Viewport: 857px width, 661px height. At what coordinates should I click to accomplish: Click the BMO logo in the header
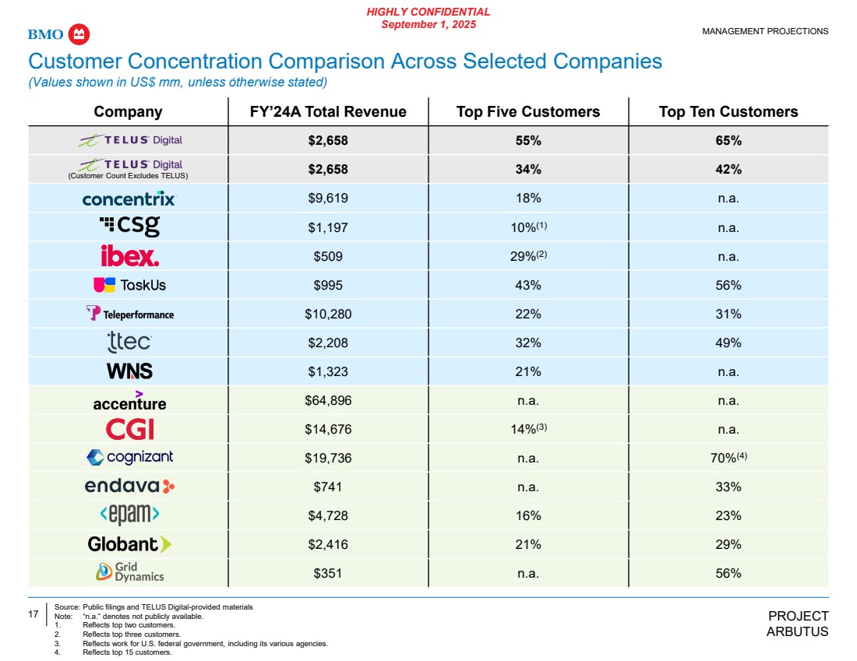click(x=59, y=34)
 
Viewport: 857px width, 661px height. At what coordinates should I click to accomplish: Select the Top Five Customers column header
click(x=527, y=112)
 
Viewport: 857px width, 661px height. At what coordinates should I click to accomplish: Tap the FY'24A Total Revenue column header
click(x=328, y=112)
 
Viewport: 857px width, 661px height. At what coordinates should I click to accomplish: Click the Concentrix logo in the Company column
click(x=129, y=199)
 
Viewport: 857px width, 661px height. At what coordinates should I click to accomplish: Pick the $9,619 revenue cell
click(x=328, y=199)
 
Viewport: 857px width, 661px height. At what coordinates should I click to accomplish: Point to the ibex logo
click(x=129, y=256)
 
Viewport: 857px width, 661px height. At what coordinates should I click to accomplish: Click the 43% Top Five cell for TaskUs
click(x=527, y=285)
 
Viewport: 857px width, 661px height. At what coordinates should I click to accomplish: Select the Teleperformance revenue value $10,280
click(x=328, y=314)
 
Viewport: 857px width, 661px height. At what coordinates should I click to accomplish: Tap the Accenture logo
click(x=129, y=400)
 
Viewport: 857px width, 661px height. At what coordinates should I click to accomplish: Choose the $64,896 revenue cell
click(x=328, y=401)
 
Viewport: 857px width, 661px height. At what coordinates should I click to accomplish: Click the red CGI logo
click(x=129, y=429)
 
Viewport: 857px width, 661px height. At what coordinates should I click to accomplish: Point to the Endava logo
click(x=129, y=487)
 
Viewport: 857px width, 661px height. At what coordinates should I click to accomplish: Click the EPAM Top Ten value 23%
click(x=728, y=515)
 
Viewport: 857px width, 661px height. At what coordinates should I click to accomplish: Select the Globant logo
click(x=129, y=544)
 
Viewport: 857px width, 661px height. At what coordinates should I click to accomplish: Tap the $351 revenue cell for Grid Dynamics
click(x=328, y=573)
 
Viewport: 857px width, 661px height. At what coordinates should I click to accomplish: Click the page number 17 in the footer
click(x=34, y=614)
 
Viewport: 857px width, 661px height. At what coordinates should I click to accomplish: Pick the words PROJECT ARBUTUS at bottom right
click(x=798, y=624)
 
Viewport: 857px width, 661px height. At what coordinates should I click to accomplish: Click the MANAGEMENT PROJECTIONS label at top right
click(x=765, y=32)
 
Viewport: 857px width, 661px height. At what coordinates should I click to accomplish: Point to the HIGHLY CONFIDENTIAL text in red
click(x=428, y=12)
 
